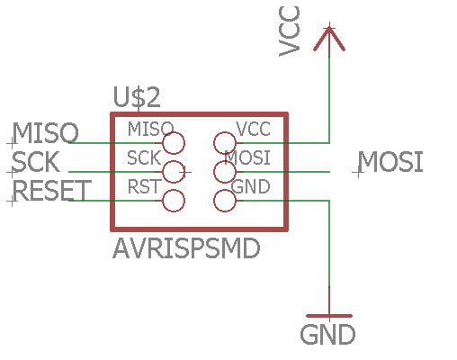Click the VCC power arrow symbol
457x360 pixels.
(x=329, y=39)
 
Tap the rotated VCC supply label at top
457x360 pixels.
(x=290, y=31)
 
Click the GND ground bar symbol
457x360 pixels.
(x=329, y=316)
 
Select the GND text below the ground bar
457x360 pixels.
(x=327, y=336)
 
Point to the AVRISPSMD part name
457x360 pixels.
(x=187, y=248)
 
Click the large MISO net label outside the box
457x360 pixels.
(x=44, y=134)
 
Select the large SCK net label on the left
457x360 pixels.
(x=37, y=163)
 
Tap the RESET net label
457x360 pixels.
(x=51, y=191)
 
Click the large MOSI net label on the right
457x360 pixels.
(x=390, y=163)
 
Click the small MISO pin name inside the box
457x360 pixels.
(x=149, y=129)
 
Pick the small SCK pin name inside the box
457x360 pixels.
(x=144, y=157)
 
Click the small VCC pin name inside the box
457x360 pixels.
(x=253, y=129)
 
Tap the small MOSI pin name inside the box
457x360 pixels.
(x=247, y=157)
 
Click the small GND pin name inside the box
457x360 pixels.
(x=251, y=186)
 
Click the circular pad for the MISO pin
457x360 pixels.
(x=173, y=142)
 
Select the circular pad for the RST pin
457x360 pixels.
(x=173, y=201)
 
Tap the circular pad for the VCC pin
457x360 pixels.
(x=225, y=142)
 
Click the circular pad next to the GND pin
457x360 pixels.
(x=225, y=201)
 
